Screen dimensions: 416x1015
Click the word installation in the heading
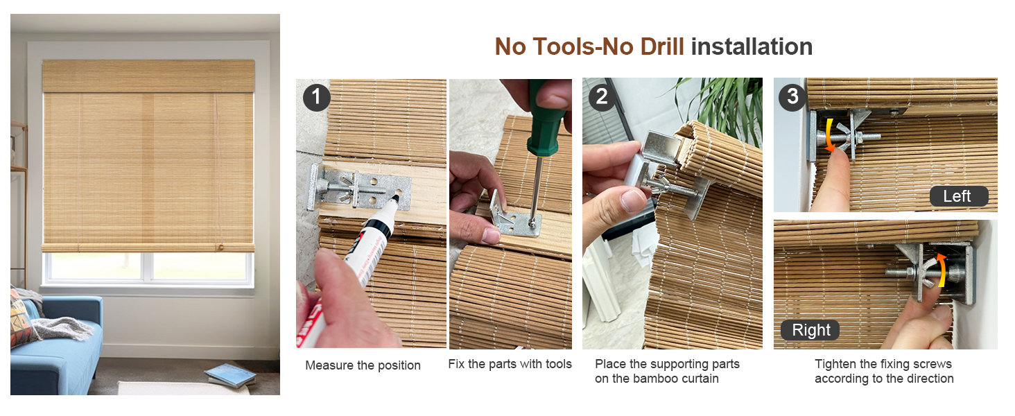pos(752,47)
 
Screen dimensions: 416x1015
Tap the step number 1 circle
pos(317,97)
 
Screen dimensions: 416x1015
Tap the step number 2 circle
pos(602,97)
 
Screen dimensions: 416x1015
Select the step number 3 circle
pos(792,97)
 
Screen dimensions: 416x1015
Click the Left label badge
pos(957,196)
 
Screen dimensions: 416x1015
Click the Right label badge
pos(810,330)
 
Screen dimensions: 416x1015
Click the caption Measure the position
pos(363,365)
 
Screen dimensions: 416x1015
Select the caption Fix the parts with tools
pos(510,364)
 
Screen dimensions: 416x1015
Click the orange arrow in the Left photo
pos(828,137)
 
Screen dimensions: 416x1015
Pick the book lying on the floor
pos(229,375)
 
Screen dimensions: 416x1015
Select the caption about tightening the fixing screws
pos(884,372)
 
